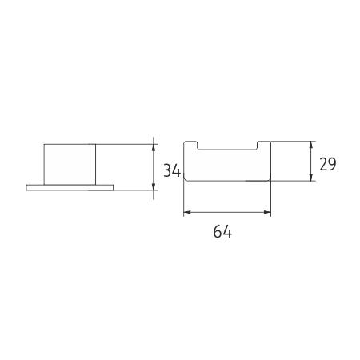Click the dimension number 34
[x=172, y=170]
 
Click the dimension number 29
[x=328, y=164]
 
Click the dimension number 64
[x=222, y=231]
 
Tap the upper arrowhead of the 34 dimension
[x=154, y=148]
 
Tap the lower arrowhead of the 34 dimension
[x=154, y=186]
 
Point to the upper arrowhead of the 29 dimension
[x=310, y=145]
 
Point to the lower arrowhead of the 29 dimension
[x=310, y=177]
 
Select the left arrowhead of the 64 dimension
[x=188, y=212]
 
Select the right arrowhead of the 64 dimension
[x=267, y=212]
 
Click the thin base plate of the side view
[x=70, y=188]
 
